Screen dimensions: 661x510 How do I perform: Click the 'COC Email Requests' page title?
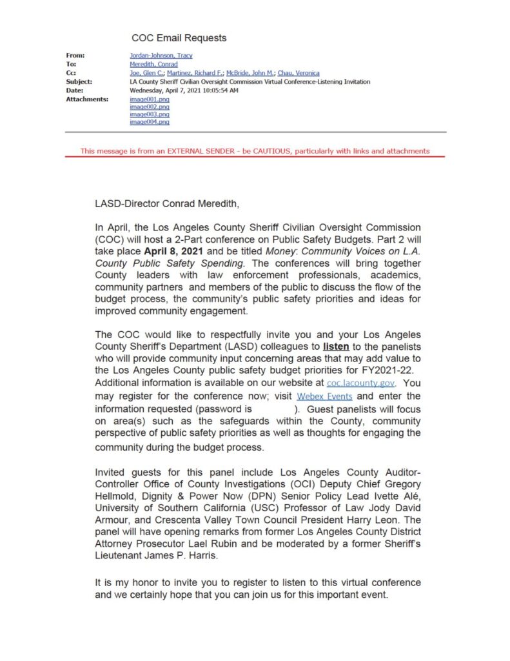(x=179, y=38)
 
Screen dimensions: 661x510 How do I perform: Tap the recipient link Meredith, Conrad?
(x=153, y=65)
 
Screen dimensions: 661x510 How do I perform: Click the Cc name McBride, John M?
(x=250, y=74)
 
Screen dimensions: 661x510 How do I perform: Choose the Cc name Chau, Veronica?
(x=299, y=74)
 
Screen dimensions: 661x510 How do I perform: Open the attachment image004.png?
(x=150, y=121)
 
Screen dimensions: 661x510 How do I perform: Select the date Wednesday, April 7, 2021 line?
(x=184, y=91)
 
